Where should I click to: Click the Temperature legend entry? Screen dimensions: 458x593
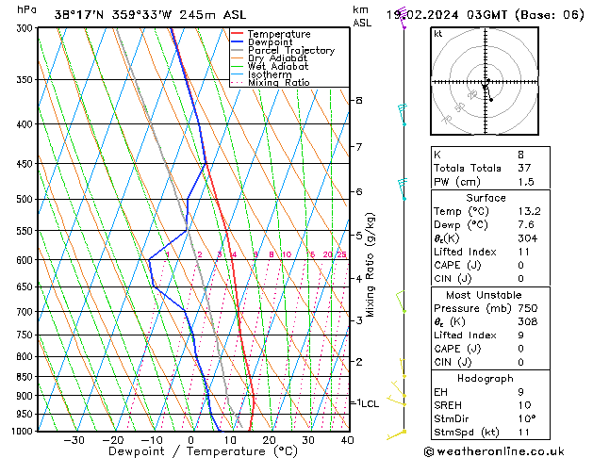coord(278,34)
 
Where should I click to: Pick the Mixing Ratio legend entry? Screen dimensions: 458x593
coord(278,83)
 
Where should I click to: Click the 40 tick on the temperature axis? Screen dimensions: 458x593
coord(347,440)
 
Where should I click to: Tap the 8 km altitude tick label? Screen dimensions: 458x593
coord(358,100)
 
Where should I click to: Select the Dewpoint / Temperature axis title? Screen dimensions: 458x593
coord(190,452)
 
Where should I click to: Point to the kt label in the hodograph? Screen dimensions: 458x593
coord(438,34)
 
